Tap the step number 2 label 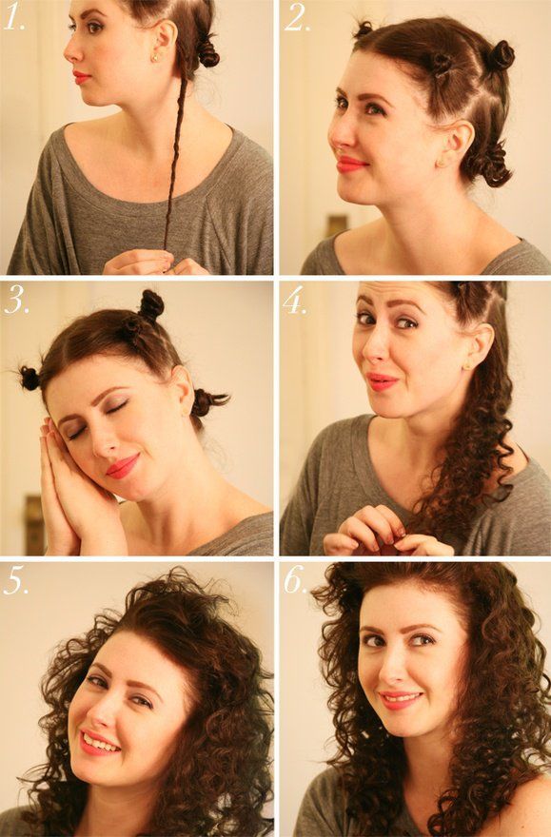click(x=296, y=20)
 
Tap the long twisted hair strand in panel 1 click(x=174, y=162)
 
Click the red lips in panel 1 click(x=82, y=77)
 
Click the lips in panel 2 click(x=351, y=165)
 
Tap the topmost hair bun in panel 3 click(x=150, y=304)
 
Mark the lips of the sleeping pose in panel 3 click(x=122, y=466)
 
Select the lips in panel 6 click(x=401, y=701)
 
